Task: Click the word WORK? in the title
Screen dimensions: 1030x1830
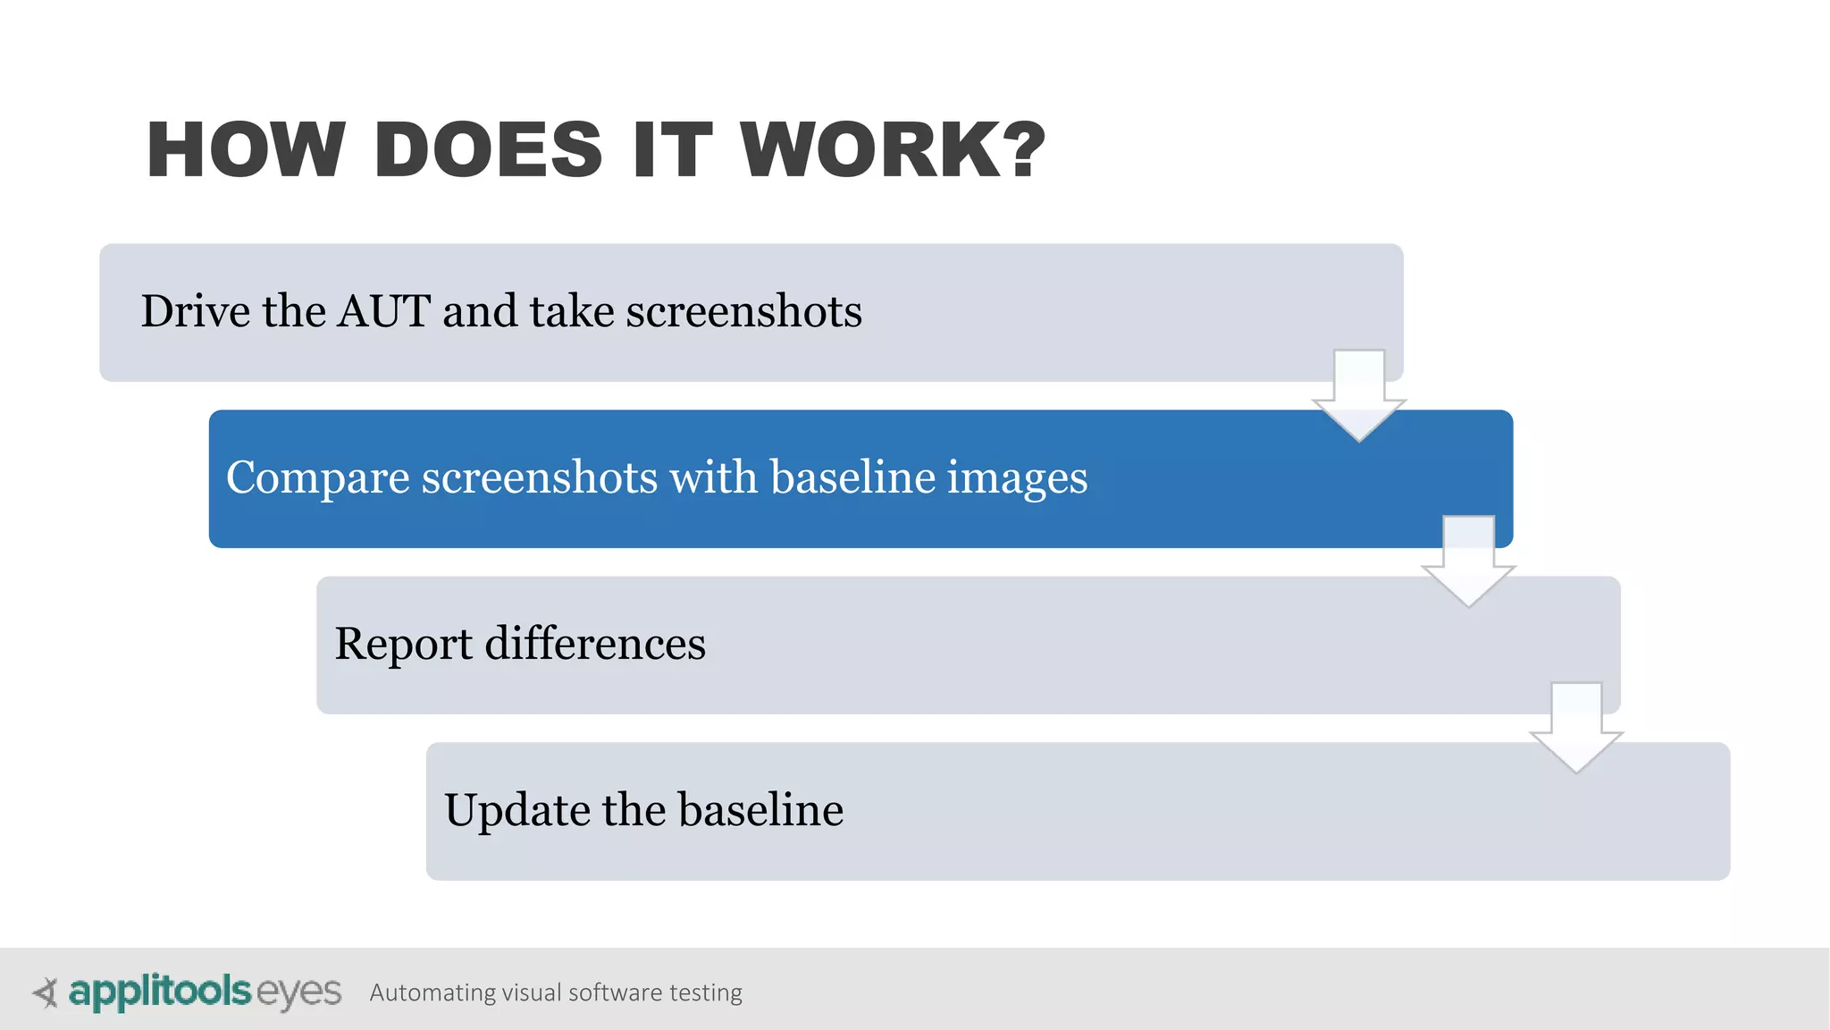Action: tap(893, 150)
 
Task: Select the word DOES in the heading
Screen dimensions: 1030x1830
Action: tap(489, 150)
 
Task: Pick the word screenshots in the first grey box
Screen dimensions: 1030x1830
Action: tap(743, 311)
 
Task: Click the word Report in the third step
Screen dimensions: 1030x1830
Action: tap(403, 644)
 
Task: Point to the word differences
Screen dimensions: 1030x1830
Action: tap(595, 644)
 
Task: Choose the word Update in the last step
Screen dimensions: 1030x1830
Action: tap(516, 810)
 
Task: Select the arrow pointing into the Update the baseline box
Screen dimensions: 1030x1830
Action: tap(1576, 728)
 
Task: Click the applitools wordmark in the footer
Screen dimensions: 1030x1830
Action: tap(159, 992)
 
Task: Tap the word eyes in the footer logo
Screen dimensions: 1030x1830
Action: tap(298, 992)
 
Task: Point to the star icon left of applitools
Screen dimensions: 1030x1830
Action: tap(46, 992)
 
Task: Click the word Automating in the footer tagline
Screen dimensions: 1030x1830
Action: tap(432, 992)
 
